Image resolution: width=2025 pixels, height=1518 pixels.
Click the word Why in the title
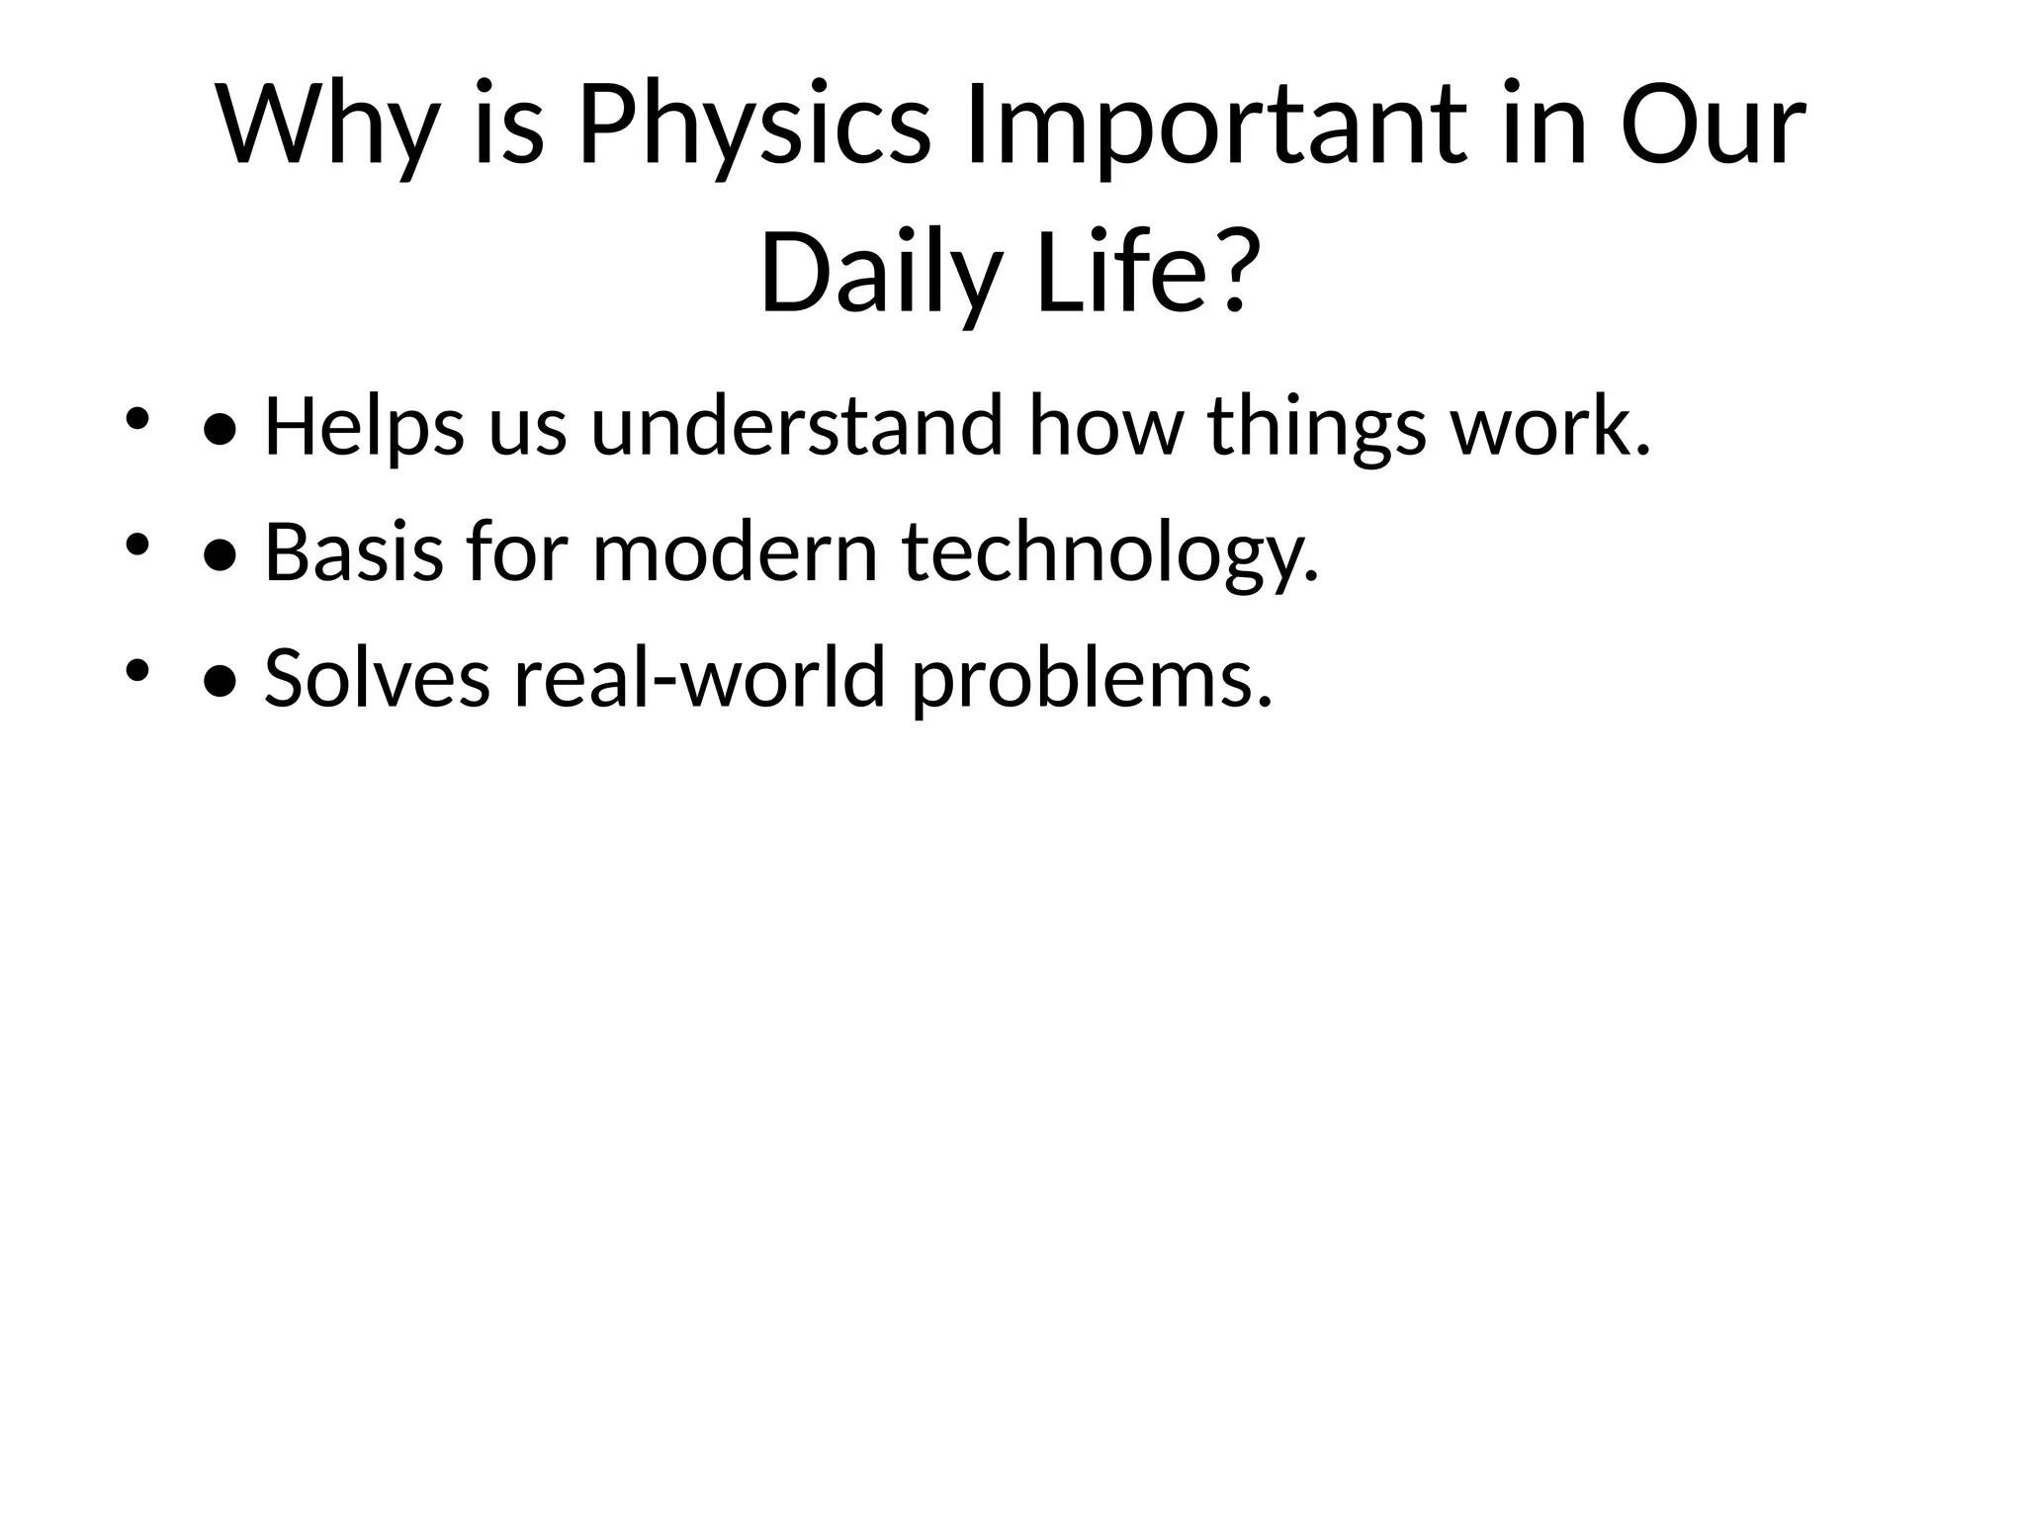pyautogui.click(x=327, y=126)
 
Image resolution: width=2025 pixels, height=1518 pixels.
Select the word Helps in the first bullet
pyautogui.click(x=364, y=427)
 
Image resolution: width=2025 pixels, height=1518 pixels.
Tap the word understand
pyautogui.click(x=796, y=427)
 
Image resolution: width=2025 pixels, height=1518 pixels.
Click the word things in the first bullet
pyautogui.click(x=1316, y=427)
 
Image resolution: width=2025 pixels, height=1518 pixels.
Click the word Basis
pyautogui.click(x=354, y=553)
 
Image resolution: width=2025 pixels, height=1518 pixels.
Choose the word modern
pyautogui.click(x=735, y=553)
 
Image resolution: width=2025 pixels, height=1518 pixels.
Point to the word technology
pyautogui.click(x=1109, y=553)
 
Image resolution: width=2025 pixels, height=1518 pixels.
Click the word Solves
pyautogui.click(x=377, y=680)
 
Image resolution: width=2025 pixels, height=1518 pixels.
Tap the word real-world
pyautogui.click(x=698, y=680)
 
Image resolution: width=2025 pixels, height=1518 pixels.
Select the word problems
pyautogui.click(x=1091, y=680)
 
